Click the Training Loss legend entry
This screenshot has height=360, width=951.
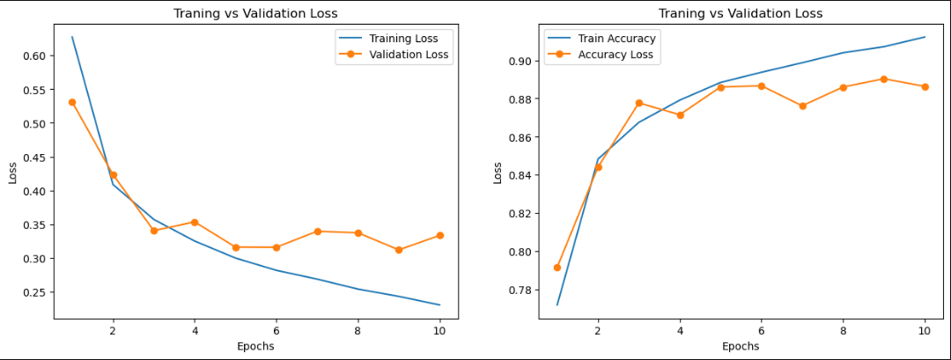(403, 39)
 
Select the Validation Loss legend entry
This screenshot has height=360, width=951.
(409, 55)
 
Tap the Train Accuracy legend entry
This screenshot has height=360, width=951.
(616, 39)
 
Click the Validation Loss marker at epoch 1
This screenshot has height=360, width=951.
(72, 102)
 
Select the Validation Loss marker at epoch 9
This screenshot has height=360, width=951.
(399, 250)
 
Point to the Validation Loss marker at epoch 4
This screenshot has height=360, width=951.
(195, 222)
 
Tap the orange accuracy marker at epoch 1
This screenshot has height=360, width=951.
(557, 267)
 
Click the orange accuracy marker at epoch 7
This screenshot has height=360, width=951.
(802, 106)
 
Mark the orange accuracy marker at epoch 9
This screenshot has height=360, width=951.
(884, 79)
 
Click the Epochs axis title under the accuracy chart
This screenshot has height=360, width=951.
(740, 346)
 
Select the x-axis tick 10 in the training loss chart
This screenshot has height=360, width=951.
(439, 331)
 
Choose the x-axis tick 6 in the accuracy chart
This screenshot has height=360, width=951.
(761, 331)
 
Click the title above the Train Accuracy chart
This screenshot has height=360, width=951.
(740, 13)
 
